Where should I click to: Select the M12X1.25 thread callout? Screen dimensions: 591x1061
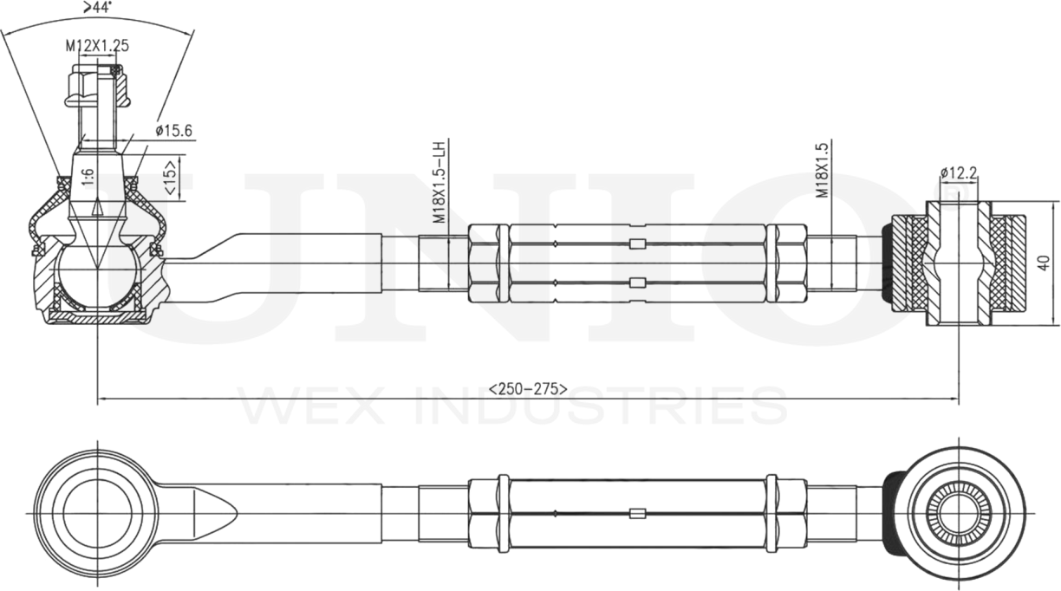pos(96,45)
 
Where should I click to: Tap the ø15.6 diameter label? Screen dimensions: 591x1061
pos(173,131)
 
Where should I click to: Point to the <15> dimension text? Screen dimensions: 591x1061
pos(172,176)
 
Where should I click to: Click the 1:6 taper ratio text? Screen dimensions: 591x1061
pos(88,179)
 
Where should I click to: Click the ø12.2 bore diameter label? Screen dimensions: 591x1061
pos(958,173)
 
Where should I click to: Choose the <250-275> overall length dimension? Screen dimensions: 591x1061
pos(528,388)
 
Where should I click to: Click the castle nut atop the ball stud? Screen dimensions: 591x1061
pos(96,88)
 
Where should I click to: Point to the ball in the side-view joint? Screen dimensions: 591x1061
pos(96,276)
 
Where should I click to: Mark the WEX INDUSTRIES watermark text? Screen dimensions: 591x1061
pos(511,407)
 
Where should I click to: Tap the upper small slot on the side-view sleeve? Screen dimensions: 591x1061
pos(638,244)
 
